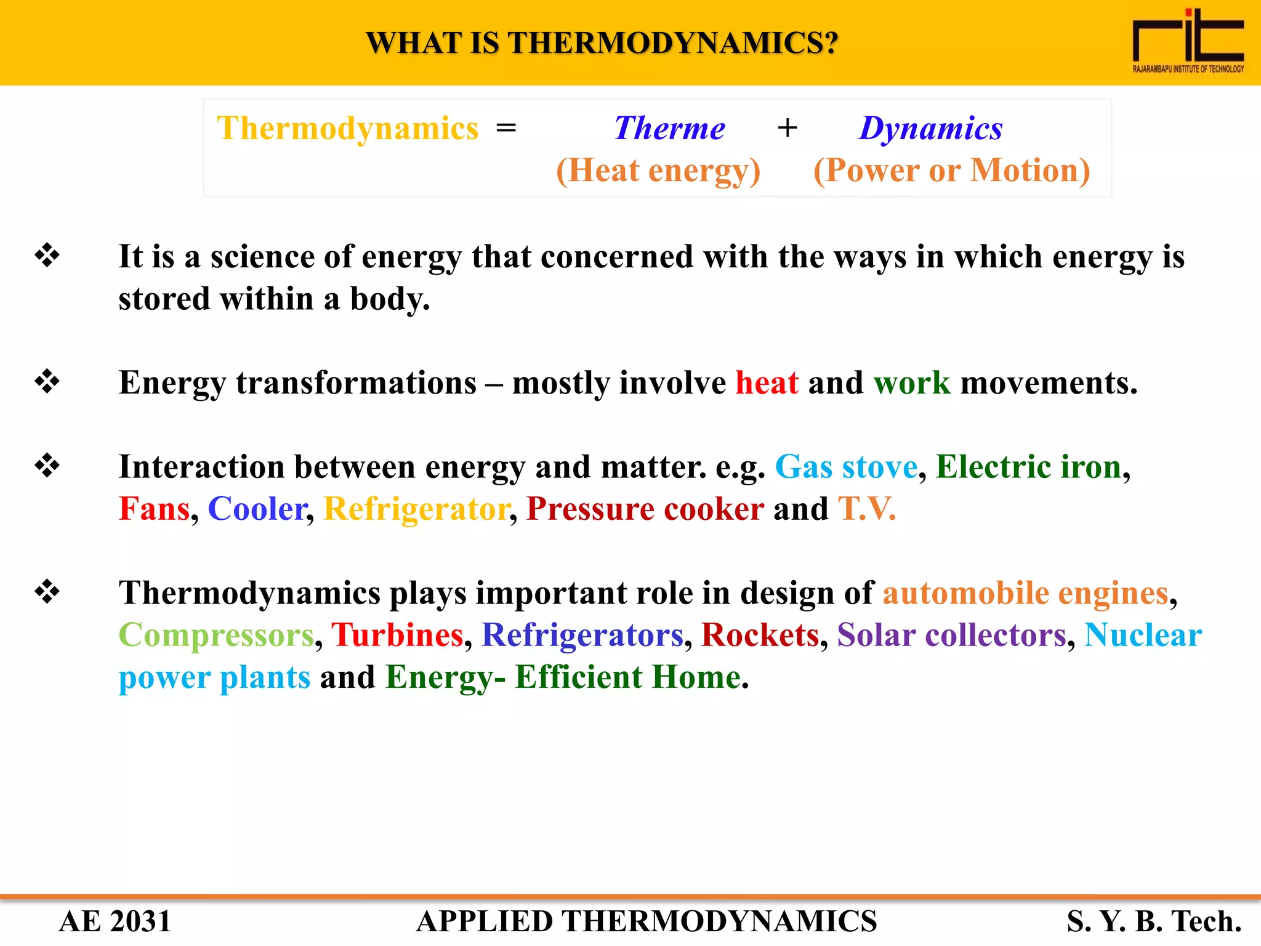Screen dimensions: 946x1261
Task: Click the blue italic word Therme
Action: click(x=669, y=129)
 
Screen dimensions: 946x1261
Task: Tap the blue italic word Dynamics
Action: click(x=930, y=129)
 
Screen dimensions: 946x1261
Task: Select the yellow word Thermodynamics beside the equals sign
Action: click(x=347, y=129)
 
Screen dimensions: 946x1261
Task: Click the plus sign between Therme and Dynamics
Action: click(x=787, y=129)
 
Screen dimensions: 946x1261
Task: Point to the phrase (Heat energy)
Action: click(x=658, y=171)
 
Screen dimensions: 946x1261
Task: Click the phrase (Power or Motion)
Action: click(x=951, y=171)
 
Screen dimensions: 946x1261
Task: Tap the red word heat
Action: click(x=767, y=382)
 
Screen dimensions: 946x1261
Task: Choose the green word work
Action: click(x=912, y=382)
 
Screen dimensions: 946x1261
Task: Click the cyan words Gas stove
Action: click(x=846, y=466)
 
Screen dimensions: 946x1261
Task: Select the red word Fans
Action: click(x=154, y=509)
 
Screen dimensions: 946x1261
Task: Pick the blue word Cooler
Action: click(x=257, y=509)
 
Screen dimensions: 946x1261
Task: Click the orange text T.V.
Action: click(x=866, y=509)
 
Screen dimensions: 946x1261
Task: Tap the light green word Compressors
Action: click(x=216, y=635)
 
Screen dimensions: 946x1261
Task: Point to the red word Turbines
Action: click(x=397, y=635)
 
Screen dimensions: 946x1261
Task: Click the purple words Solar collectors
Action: click(x=951, y=635)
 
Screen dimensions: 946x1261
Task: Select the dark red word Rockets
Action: click(x=760, y=635)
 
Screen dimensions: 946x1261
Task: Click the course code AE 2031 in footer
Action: click(x=115, y=921)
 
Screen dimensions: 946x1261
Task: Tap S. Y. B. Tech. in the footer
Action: click(x=1154, y=921)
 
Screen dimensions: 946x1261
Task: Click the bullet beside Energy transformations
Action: click(x=47, y=381)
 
